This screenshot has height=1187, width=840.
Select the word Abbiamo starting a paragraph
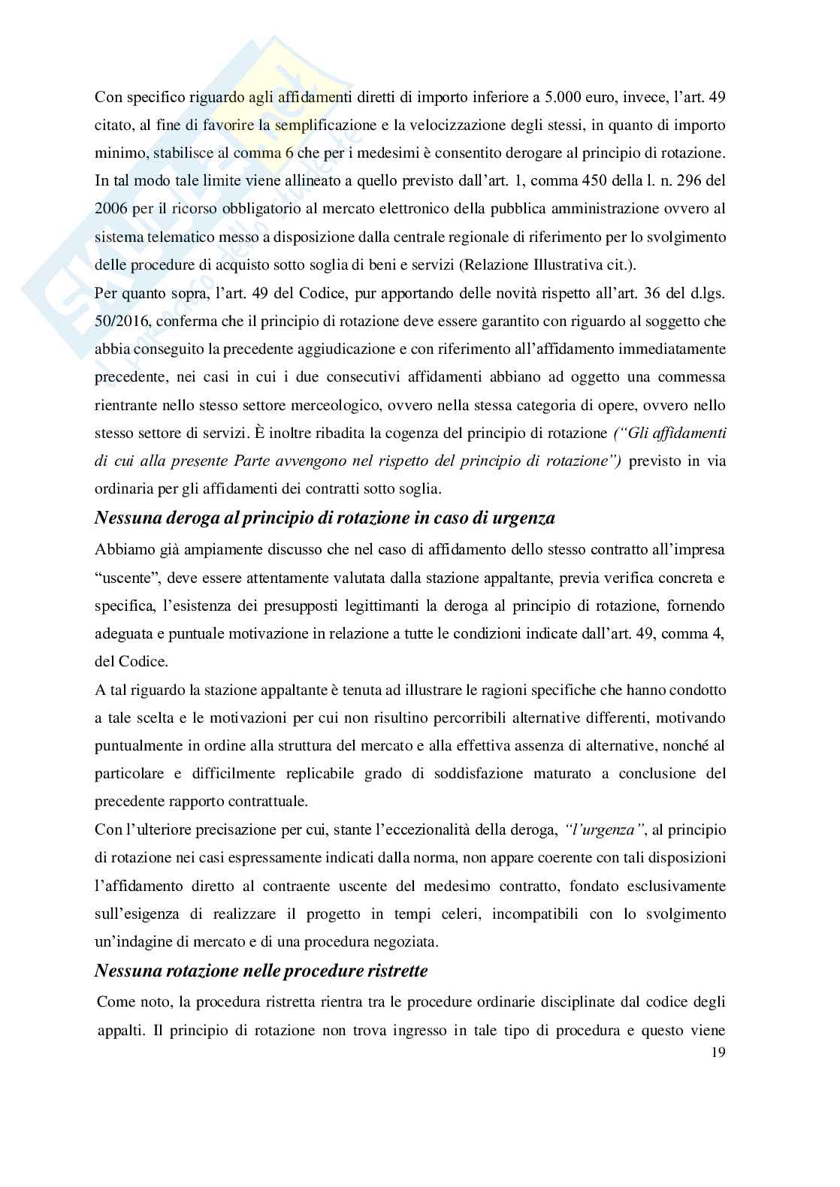pyautogui.click(x=125, y=549)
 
